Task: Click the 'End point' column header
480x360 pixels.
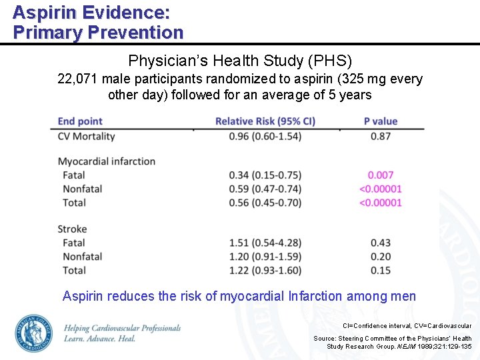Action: coord(80,121)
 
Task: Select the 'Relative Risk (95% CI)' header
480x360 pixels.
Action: coord(265,121)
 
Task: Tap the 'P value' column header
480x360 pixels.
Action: coord(381,121)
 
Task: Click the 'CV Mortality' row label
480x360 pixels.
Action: coord(87,136)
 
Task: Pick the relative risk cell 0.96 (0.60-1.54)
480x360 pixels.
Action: coord(265,136)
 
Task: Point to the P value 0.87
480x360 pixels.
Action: coord(381,136)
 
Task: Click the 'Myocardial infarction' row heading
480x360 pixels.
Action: coord(107,161)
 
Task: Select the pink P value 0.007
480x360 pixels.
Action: coord(381,175)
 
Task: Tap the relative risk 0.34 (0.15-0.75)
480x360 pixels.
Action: coord(265,175)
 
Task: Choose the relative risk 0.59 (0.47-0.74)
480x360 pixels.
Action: coord(265,189)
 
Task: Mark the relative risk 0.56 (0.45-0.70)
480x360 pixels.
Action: coord(265,203)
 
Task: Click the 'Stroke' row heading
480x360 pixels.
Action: coord(73,229)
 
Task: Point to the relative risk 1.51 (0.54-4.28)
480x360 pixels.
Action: coord(265,243)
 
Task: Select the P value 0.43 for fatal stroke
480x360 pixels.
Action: coord(381,243)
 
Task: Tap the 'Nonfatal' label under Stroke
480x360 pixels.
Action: coord(83,257)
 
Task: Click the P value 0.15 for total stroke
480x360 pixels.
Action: coord(381,270)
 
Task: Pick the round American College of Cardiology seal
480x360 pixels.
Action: coord(33,333)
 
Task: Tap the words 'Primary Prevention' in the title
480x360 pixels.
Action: coord(98,32)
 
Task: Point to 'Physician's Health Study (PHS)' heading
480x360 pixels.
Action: coord(240,61)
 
